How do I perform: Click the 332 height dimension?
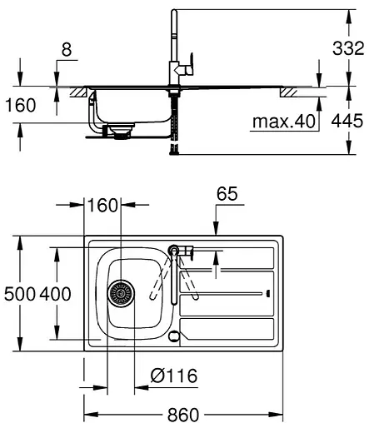click(x=347, y=49)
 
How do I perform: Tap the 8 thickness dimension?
click(x=66, y=51)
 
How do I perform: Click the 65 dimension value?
click(x=227, y=195)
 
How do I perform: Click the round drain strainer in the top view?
click(x=122, y=294)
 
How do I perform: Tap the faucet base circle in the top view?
click(x=174, y=249)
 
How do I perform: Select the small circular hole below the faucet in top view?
click(x=173, y=336)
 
